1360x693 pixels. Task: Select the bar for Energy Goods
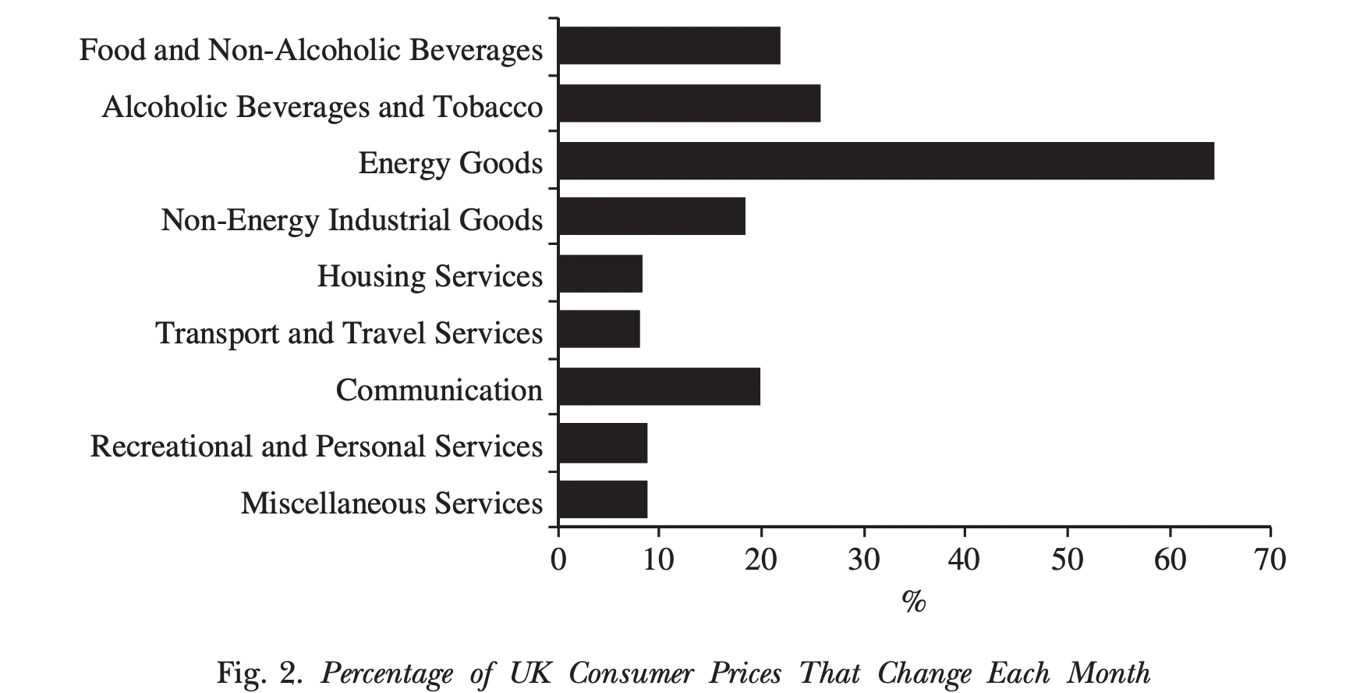pos(886,161)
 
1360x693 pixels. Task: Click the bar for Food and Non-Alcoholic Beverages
pos(669,45)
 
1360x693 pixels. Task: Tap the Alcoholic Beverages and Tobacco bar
pos(689,104)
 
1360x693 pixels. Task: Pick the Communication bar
pos(659,387)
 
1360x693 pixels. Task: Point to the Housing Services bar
pos(600,274)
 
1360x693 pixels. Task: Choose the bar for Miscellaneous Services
pos(603,499)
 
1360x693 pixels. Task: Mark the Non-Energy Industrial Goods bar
pos(652,217)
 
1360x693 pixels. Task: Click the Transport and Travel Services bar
pos(599,329)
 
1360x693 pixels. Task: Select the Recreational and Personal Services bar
pos(603,443)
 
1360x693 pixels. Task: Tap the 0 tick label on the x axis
pos(558,560)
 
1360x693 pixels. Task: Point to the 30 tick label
pos(863,560)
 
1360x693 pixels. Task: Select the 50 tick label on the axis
pos(1067,560)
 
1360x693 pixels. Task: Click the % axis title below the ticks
pos(913,601)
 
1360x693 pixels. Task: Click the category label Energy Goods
pos(450,163)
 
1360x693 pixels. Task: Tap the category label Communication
pos(438,389)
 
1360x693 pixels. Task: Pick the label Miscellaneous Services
pos(391,503)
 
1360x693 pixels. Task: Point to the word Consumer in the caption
pos(630,672)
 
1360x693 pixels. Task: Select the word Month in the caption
pos(1108,672)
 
